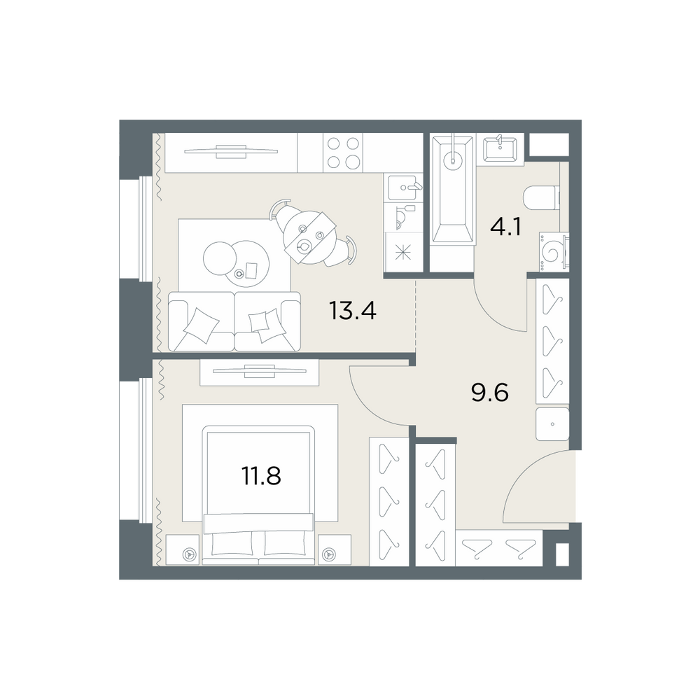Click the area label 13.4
353,311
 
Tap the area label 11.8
261,476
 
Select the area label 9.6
490,393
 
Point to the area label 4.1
506,227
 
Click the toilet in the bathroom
541,197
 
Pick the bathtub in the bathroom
452,190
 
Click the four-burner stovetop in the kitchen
343,153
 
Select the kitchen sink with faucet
403,188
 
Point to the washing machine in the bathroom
554,252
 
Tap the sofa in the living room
234,321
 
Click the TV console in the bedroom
260,372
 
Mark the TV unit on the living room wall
231,153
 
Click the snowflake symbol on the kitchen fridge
402,253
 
